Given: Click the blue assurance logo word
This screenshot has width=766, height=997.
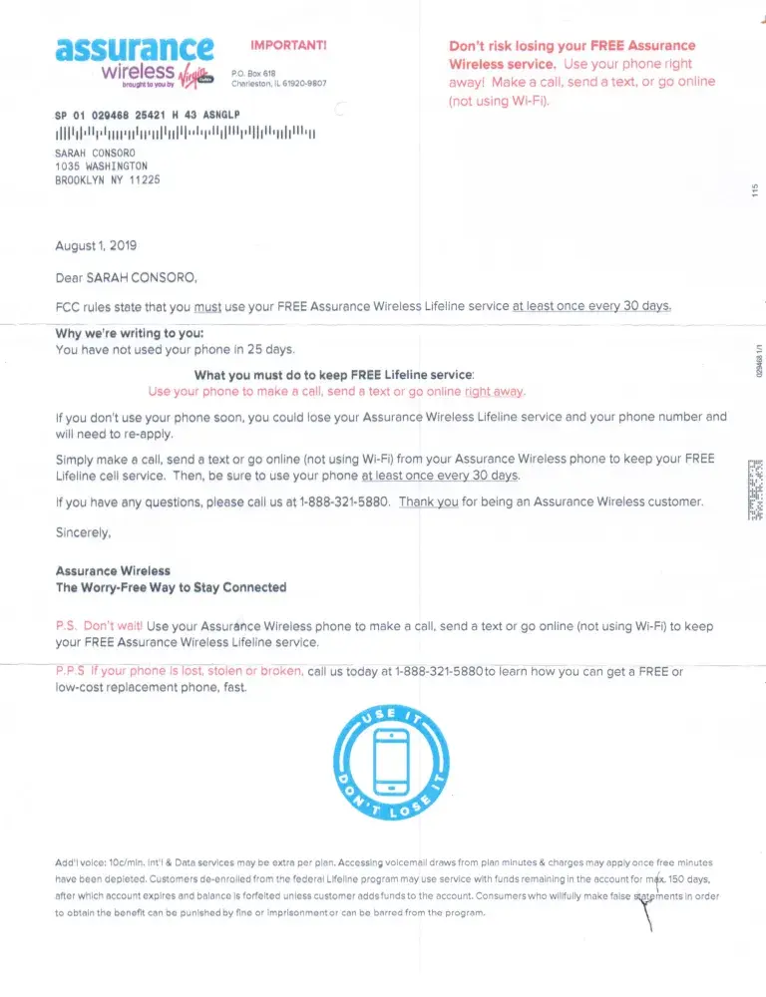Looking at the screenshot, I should click(134, 47).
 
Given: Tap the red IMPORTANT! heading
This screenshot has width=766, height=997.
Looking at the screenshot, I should click(288, 45).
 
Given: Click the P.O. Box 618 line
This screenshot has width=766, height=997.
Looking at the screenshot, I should click(253, 74).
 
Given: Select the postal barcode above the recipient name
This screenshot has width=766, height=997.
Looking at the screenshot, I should click(185, 135).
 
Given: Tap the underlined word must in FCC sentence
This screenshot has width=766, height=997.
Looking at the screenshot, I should click(207, 307).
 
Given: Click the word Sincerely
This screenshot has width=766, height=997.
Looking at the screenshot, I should click(83, 533).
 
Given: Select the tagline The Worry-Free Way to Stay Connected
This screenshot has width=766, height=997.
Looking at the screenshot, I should click(171, 587).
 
